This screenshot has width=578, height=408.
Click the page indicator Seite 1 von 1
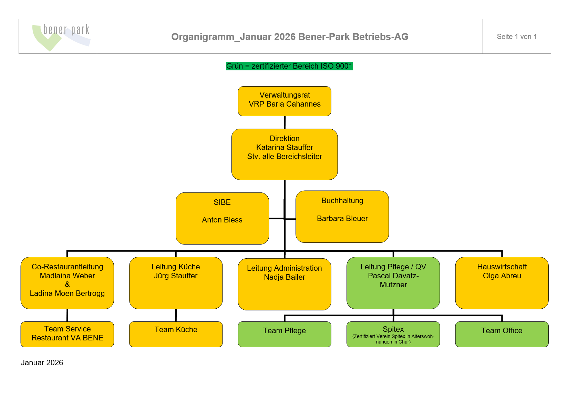point(516,37)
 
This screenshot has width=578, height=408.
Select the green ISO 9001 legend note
point(289,66)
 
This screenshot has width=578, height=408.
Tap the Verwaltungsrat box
point(285,101)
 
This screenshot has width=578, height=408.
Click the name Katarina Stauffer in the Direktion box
point(285,148)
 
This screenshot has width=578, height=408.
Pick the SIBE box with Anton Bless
point(222,218)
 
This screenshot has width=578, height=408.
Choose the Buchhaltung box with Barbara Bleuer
point(342,217)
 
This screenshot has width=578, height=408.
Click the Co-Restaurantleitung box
point(67,283)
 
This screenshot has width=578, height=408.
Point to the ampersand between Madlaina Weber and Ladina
point(67,285)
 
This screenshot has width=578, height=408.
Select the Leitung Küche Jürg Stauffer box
point(176,283)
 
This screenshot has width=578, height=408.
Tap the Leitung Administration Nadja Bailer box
point(285,284)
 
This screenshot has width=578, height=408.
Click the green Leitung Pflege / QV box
point(393,283)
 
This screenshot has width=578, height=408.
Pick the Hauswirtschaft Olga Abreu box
point(502,283)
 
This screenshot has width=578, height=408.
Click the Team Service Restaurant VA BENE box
point(67,334)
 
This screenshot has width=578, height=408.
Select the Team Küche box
point(176,334)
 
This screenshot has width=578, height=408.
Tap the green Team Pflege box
point(285,334)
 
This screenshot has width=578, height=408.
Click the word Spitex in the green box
point(393,329)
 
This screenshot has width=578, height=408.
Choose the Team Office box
point(502,334)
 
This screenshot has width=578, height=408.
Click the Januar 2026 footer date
point(42,363)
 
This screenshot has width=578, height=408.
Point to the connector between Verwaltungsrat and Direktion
point(285,122)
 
